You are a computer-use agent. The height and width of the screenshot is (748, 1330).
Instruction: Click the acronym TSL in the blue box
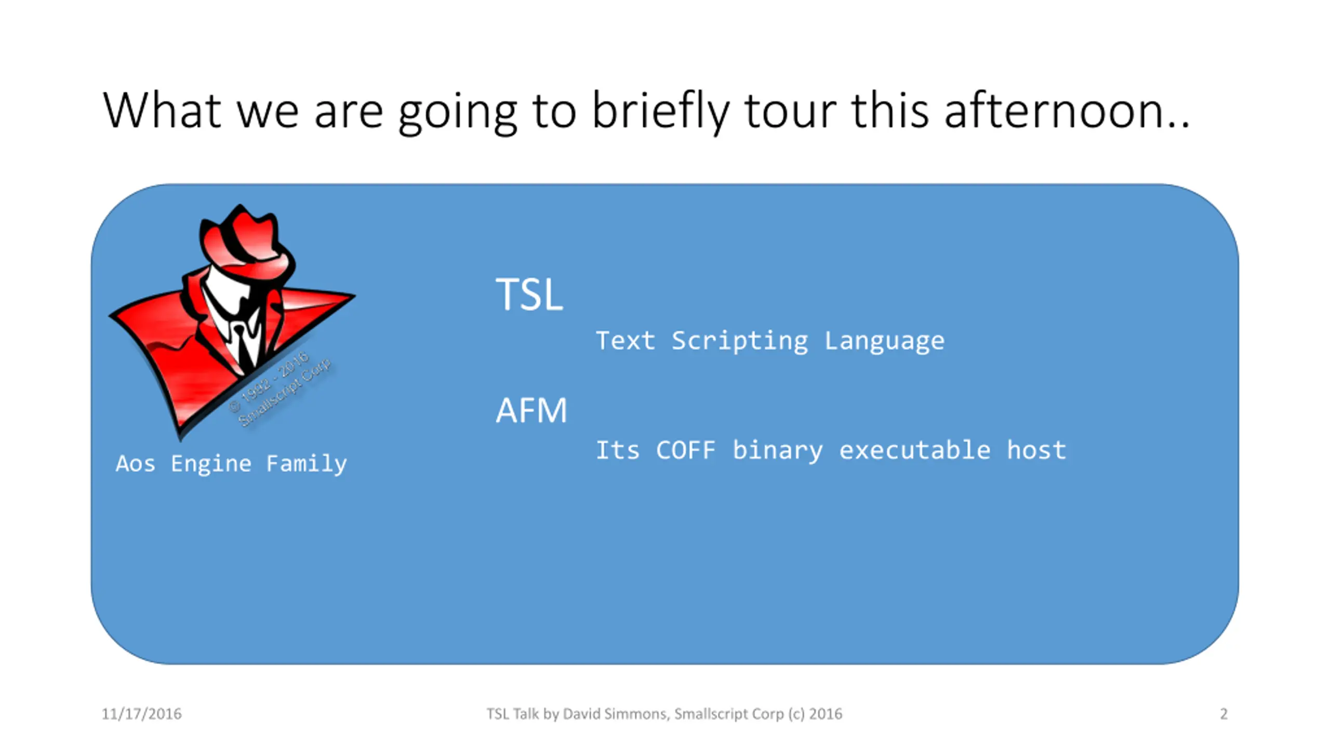pyautogui.click(x=529, y=294)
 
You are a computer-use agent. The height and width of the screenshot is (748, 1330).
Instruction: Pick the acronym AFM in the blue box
pyautogui.click(x=531, y=410)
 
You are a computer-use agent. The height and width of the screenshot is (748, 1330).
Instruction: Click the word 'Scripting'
pyautogui.click(x=740, y=341)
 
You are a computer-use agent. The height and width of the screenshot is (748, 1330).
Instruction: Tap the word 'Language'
pyautogui.click(x=884, y=341)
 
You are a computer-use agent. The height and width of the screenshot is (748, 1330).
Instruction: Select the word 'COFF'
pyautogui.click(x=686, y=450)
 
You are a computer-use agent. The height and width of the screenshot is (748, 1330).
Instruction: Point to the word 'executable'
pyautogui.click(x=915, y=450)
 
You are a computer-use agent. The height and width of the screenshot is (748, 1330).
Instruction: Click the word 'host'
pyautogui.click(x=1036, y=450)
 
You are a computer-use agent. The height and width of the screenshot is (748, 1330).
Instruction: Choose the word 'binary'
pyautogui.click(x=778, y=451)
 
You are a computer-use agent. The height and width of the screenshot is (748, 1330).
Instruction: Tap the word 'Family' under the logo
pyautogui.click(x=306, y=464)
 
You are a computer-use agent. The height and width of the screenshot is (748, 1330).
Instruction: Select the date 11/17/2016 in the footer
pyautogui.click(x=141, y=714)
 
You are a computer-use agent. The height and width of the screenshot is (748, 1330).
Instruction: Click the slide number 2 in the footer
pyautogui.click(x=1223, y=714)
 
